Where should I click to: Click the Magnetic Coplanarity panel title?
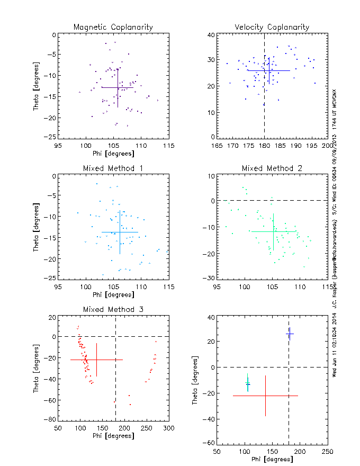tap(113, 27)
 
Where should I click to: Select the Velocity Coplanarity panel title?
tap(272, 27)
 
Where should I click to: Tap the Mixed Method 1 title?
tap(113, 168)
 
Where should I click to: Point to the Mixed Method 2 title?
tap(272, 168)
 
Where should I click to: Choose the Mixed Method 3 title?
tap(113, 309)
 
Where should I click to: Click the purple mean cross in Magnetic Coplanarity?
tap(118, 87)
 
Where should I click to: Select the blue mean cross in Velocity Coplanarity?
tap(269, 70)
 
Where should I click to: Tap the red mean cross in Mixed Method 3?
tap(96, 360)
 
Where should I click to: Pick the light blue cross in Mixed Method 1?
tap(120, 232)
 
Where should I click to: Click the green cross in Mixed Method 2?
tap(273, 231)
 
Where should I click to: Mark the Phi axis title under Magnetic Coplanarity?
tap(113, 153)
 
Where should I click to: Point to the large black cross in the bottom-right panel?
tap(265, 396)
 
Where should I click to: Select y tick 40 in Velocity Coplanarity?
tap(210, 35)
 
